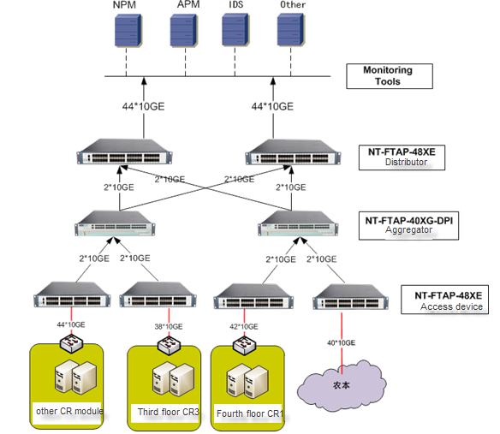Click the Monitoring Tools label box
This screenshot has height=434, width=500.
pos(388,76)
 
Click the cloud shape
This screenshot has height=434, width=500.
pos(342,384)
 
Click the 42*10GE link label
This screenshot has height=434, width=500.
pos(242,326)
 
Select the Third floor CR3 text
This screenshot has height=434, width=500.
pos(168,413)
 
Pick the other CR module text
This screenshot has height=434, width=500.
pos(69,411)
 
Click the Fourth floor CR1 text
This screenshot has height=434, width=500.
pos(250,414)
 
